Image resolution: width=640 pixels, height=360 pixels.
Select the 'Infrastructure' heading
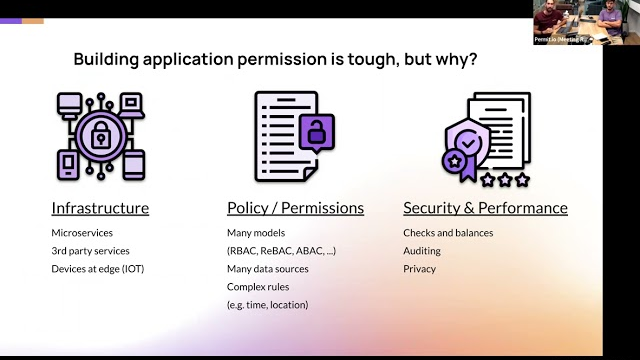point(100,208)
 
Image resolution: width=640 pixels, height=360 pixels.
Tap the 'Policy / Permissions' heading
point(295,208)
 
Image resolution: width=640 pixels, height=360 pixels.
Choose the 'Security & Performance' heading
point(485,208)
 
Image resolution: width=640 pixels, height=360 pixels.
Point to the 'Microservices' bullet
point(84,233)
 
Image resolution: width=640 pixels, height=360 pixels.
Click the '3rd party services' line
point(91,251)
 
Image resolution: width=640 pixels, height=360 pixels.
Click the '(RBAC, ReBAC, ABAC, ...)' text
point(281,251)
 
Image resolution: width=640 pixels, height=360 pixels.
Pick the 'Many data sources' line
point(268,269)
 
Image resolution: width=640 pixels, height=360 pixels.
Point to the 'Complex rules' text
point(259,287)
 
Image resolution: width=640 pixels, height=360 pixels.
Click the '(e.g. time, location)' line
point(268,305)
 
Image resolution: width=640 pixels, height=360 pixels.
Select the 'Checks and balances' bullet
point(448,233)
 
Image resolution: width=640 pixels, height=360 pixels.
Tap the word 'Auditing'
point(422,251)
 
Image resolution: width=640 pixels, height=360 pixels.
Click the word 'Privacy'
point(419,269)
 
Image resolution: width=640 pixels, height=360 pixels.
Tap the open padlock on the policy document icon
point(316,131)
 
